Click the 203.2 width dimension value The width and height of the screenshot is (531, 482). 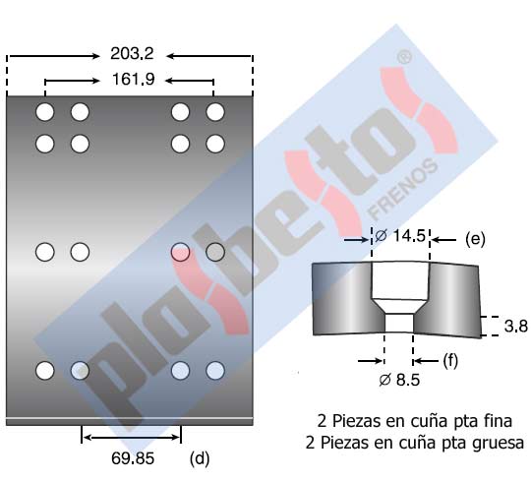pyautogui.click(x=132, y=53)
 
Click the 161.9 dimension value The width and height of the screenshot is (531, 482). pyautogui.click(x=133, y=80)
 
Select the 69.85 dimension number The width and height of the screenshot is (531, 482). pyautogui.click(x=133, y=458)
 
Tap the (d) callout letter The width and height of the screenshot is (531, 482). pyautogui.click(x=200, y=459)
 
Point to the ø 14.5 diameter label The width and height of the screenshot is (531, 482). pyautogui.click(x=400, y=236)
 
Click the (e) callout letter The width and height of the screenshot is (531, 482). pyautogui.click(x=475, y=239)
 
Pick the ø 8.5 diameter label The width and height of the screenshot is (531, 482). pyautogui.click(x=399, y=380)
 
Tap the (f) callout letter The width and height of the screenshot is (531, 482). pyautogui.click(x=450, y=360)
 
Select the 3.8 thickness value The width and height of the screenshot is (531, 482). pyautogui.click(x=516, y=326)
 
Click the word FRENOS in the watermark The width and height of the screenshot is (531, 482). pyautogui.click(x=402, y=189)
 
